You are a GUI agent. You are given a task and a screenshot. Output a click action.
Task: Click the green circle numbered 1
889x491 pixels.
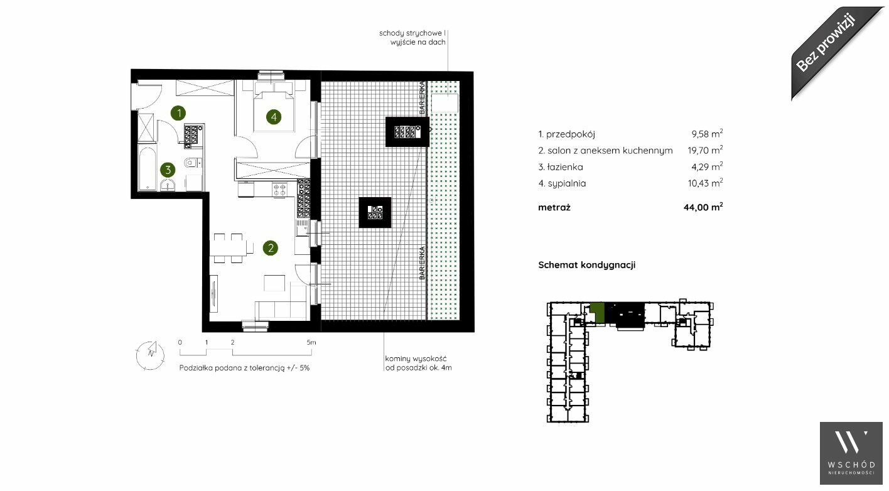coord(178,113)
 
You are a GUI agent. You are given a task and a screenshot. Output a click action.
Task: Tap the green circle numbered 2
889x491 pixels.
coord(270,248)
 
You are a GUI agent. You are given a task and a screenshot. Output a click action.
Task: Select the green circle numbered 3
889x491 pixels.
coord(168,170)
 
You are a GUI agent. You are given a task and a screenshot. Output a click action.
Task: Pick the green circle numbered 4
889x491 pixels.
coord(274,117)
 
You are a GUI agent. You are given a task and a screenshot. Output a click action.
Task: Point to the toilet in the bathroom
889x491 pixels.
coord(193,163)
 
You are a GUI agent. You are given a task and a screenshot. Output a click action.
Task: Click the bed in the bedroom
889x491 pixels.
coord(274,112)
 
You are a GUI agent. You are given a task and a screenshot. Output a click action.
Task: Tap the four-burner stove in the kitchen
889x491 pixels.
coord(279,190)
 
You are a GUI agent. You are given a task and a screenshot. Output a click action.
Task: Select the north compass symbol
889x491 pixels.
coord(151,355)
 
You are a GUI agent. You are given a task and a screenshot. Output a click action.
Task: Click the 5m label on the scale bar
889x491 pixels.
coord(311,342)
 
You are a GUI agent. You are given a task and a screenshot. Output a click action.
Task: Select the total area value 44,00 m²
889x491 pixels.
coord(703,207)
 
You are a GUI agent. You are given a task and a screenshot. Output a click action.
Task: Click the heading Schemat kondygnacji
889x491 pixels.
coord(586,265)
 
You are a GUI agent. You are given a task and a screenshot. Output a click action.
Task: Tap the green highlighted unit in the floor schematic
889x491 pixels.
coord(597,313)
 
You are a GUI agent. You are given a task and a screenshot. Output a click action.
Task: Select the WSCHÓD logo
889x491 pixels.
coord(851,453)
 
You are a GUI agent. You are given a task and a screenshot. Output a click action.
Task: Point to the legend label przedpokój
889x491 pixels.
coord(571,134)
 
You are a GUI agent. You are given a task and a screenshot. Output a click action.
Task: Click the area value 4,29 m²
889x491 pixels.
coord(707,167)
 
